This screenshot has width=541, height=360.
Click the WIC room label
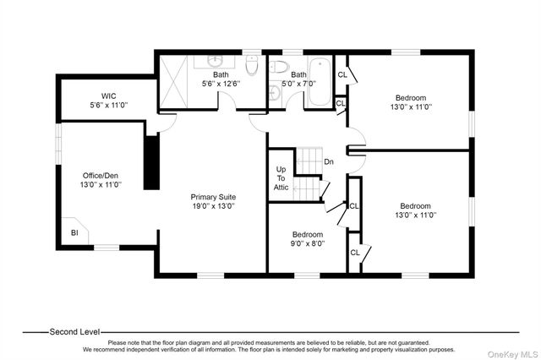[x=108, y=95]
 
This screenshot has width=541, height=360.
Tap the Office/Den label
[x=101, y=176]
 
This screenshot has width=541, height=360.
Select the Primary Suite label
[x=213, y=197]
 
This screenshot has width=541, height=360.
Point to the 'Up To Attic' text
[x=281, y=178]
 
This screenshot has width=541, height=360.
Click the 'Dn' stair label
[x=329, y=161]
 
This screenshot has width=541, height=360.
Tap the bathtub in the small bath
[x=320, y=82]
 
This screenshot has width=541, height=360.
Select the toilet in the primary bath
[x=252, y=65]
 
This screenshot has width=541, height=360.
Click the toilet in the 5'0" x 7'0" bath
[x=278, y=67]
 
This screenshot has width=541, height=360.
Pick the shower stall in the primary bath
[x=173, y=82]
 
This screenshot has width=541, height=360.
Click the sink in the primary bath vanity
[x=214, y=62]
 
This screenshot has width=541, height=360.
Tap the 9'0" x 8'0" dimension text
[x=308, y=243]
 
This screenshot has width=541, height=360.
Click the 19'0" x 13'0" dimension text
[x=214, y=206]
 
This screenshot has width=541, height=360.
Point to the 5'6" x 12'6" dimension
[x=221, y=84]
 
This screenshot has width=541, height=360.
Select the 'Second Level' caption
[x=74, y=332]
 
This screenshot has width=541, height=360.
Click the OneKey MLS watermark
[x=512, y=354]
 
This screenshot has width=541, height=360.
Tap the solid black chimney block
[x=151, y=162]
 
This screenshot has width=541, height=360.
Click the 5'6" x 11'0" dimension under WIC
[x=109, y=105]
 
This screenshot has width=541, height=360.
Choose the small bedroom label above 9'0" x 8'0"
[x=308, y=234]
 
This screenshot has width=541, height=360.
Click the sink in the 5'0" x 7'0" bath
[x=275, y=92]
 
